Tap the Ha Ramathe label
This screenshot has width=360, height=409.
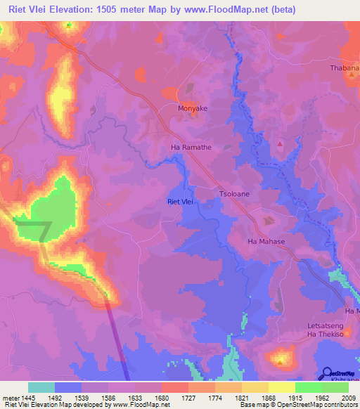[x=191, y=148]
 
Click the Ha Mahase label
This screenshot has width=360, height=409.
[x=266, y=242]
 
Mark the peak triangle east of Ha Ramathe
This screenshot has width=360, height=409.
[x=280, y=144]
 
